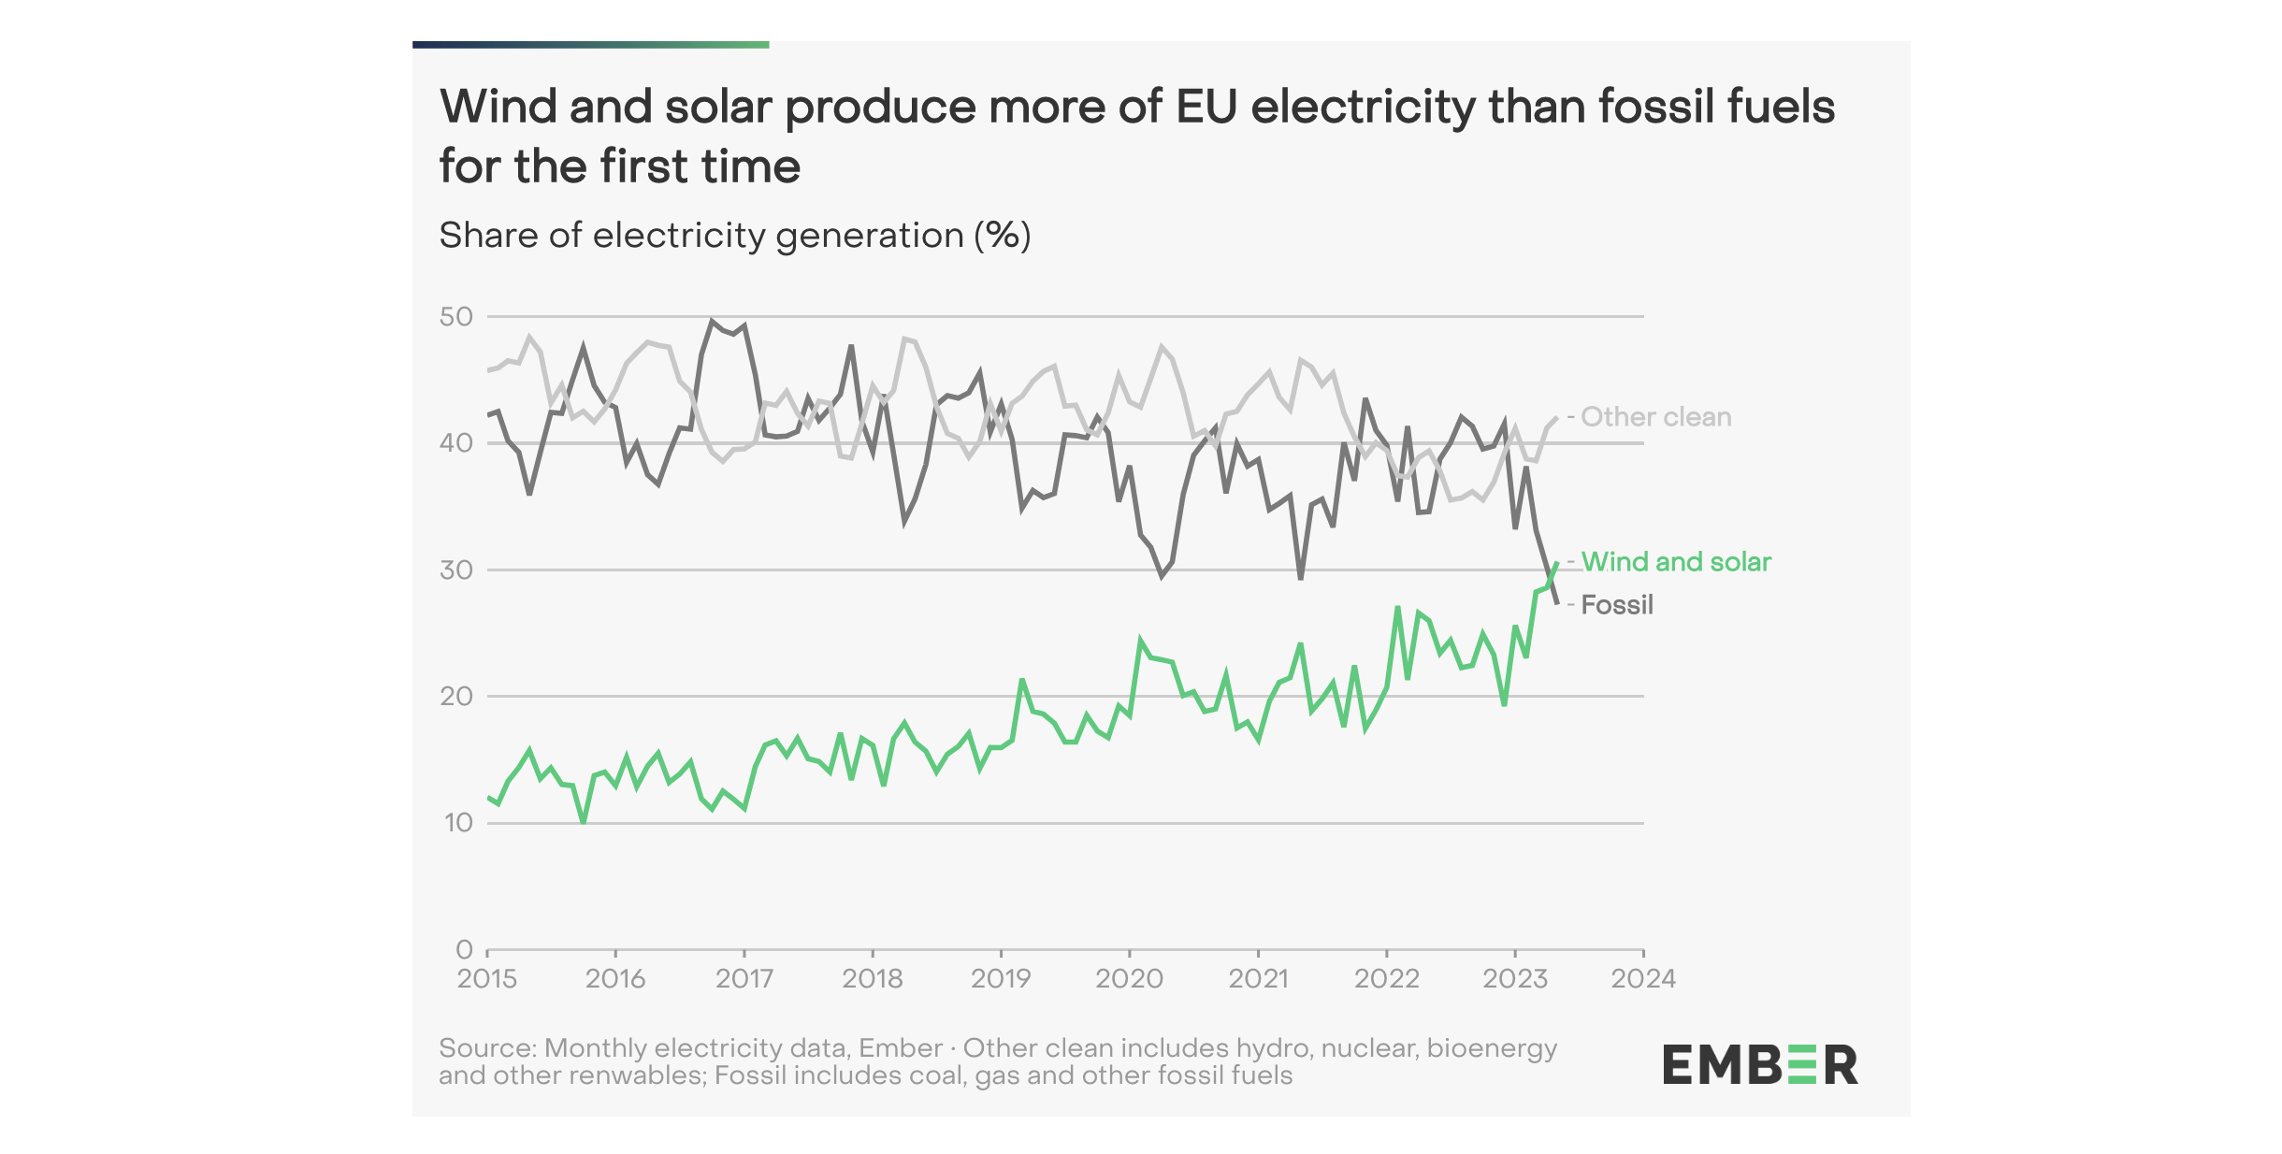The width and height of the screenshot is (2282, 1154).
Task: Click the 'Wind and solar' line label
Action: [x=1676, y=562]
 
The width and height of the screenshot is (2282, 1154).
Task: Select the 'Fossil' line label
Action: [x=1617, y=605]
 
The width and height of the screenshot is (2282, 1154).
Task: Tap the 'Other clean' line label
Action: [x=1655, y=417]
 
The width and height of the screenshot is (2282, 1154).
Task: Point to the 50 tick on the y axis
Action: [x=456, y=317]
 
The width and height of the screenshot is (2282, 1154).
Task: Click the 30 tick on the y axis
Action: [x=456, y=570]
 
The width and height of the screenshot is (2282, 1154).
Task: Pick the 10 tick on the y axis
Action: [x=458, y=823]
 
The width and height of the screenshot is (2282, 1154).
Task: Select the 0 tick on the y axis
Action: [x=464, y=949]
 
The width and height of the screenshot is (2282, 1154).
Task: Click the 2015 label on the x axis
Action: [x=486, y=979]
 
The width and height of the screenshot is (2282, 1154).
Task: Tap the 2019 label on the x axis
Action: [x=1001, y=979]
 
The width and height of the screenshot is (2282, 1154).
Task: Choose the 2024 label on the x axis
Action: [x=1643, y=979]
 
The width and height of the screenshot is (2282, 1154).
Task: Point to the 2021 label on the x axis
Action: [x=1258, y=979]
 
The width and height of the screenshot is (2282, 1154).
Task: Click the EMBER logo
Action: [x=1760, y=1065]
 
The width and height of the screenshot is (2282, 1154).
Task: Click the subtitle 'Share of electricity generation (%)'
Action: [x=735, y=236]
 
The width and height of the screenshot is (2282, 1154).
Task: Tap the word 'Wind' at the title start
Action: [x=498, y=107]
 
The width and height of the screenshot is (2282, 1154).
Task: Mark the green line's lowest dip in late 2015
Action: [x=584, y=821]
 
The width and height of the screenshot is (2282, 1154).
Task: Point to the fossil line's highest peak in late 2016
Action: [x=712, y=321]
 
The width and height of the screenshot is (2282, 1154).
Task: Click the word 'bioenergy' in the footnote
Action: [x=1492, y=1048]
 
